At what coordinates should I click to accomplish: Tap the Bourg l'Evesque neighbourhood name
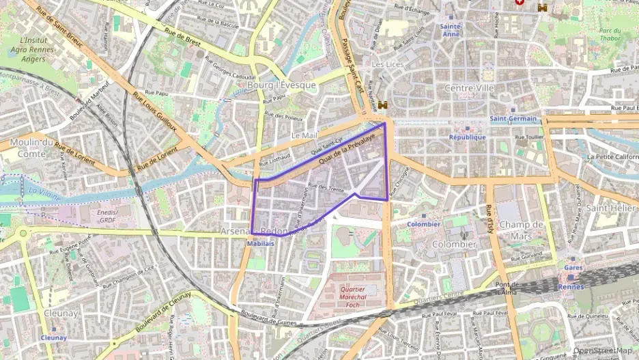point(282,85)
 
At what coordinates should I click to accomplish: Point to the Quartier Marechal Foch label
point(352,293)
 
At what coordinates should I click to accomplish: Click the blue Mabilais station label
point(260,243)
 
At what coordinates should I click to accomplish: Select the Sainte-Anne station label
point(452,29)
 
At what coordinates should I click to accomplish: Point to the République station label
point(467,137)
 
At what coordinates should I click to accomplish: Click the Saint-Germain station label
point(513,119)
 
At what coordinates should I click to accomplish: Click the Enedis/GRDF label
point(106,217)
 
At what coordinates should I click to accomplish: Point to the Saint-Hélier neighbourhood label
point(611,208)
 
